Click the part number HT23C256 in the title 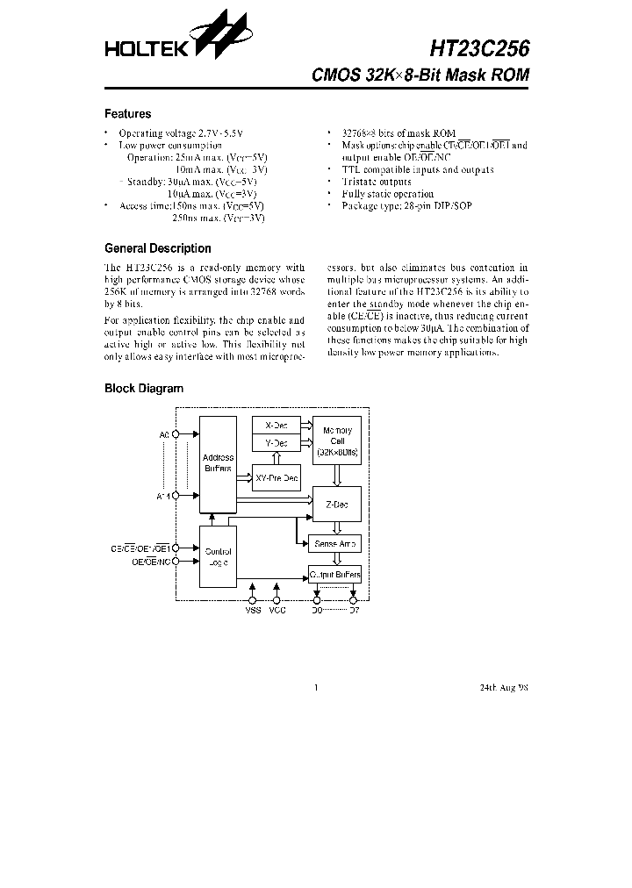[x=479, y=47]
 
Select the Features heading [x=127, y=114]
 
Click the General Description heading [x=158, y=248]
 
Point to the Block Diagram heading [x=144, y=388]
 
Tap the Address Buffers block [x=218, y=463]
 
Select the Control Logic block [x=217, y=556]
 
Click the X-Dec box [x=276, y=425]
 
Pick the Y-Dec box [x=276, y=444]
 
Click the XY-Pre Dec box [x=276, y=478]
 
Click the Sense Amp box [x=334, y=544]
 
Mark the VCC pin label [x=277, y=612]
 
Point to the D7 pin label [x=355, y=612]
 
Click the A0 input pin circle [x=176, y=434]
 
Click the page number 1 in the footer [x=315, y=688]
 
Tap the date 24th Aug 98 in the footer [x=504, y=688]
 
